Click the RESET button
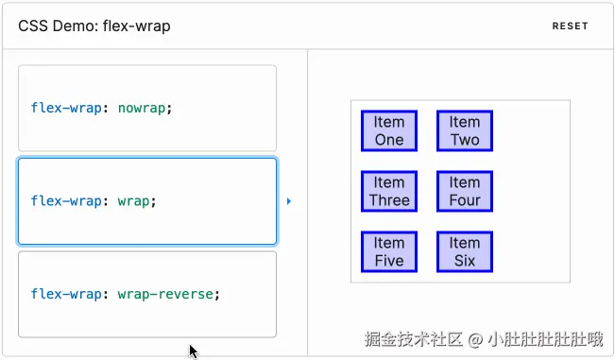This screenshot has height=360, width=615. [570, 26]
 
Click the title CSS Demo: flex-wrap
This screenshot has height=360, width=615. [94, 26]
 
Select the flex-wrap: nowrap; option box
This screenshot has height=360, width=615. [146, 108]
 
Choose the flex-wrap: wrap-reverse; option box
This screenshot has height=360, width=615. [146, 294]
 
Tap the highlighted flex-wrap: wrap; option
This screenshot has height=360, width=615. [146, 200]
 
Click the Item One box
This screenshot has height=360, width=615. [388, 130]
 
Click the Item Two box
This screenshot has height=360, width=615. [464, 130]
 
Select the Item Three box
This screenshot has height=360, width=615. [388, 191]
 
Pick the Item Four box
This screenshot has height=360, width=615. [464, 191]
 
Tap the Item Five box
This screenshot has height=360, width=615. [388, 251]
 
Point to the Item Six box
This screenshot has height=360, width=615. [464, 251]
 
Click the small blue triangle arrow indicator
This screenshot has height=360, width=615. [289, 201]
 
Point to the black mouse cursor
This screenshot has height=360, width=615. [193, 351]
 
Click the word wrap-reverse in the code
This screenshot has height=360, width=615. [166, 294]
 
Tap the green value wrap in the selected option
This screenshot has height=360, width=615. [133, 200]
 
